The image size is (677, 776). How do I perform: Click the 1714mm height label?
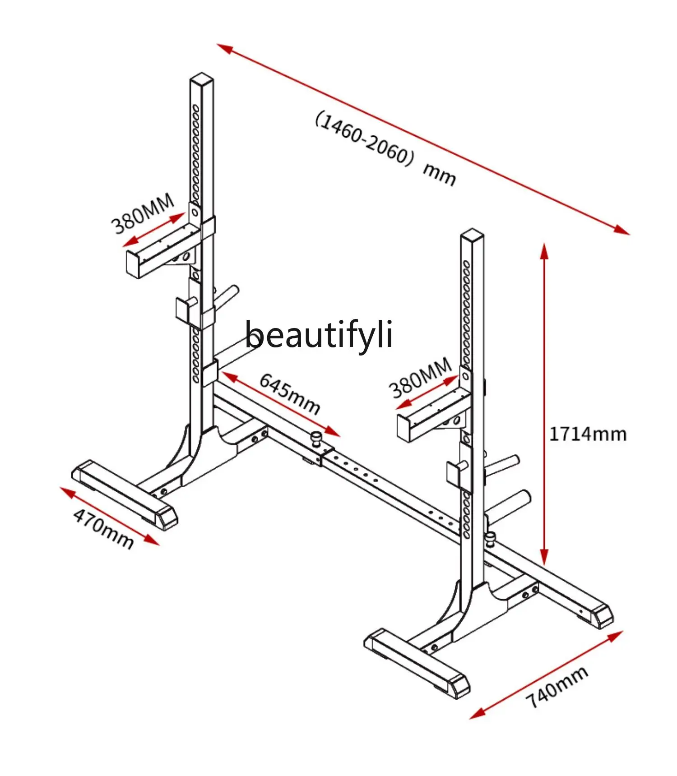[588, 434]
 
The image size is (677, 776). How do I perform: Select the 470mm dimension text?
[103, 527]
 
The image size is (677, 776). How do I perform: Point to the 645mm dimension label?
[290, 394]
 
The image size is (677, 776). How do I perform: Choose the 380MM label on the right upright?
[420, 378]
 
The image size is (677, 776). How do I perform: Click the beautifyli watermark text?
[319, 334]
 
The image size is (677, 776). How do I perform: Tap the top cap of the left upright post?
[201, 79]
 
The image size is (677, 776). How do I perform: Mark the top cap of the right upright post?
[472, 233]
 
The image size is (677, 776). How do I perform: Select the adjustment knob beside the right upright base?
[490, 537]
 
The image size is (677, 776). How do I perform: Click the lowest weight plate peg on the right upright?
[510, 502]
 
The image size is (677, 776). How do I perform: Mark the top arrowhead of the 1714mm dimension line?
[544, 250]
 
